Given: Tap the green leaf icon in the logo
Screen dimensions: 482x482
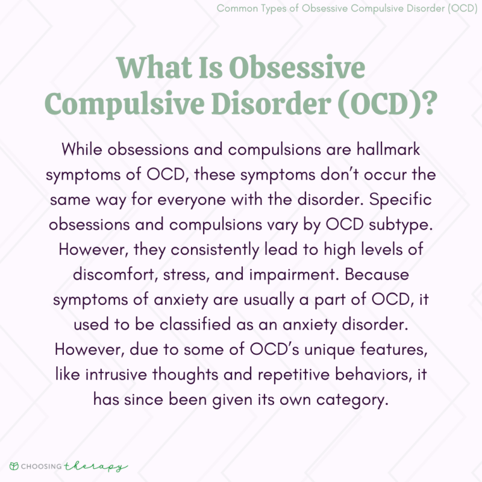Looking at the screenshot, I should coord(13,466).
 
